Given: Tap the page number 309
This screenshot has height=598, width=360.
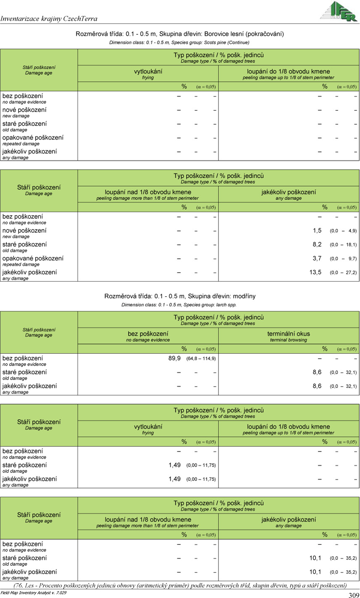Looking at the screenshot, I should tap(353, 595).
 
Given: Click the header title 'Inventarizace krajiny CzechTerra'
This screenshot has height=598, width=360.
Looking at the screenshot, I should tap(49, 18).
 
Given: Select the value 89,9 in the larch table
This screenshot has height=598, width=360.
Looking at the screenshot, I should tap(174, 358).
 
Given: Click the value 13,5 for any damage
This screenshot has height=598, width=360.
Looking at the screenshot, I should tap(315, 272).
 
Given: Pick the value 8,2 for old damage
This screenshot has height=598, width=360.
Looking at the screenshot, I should tap(317, 244).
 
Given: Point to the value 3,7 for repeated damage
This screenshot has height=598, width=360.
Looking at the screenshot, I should tap(317, 258).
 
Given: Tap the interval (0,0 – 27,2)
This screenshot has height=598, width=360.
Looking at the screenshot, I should tap(343, 273).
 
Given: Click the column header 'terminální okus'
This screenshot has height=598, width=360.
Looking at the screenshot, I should tap(289, 334).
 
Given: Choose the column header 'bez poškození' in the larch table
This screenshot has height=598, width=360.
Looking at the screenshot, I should tap(148, 334).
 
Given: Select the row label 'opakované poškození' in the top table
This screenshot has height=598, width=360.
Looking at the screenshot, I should tap(33, 138).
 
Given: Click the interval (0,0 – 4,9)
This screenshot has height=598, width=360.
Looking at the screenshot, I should tap(343, 231).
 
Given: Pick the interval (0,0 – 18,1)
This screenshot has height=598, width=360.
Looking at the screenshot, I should tap(343, 245).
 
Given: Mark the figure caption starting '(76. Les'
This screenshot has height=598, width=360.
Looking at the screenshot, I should tap(180, 585).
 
